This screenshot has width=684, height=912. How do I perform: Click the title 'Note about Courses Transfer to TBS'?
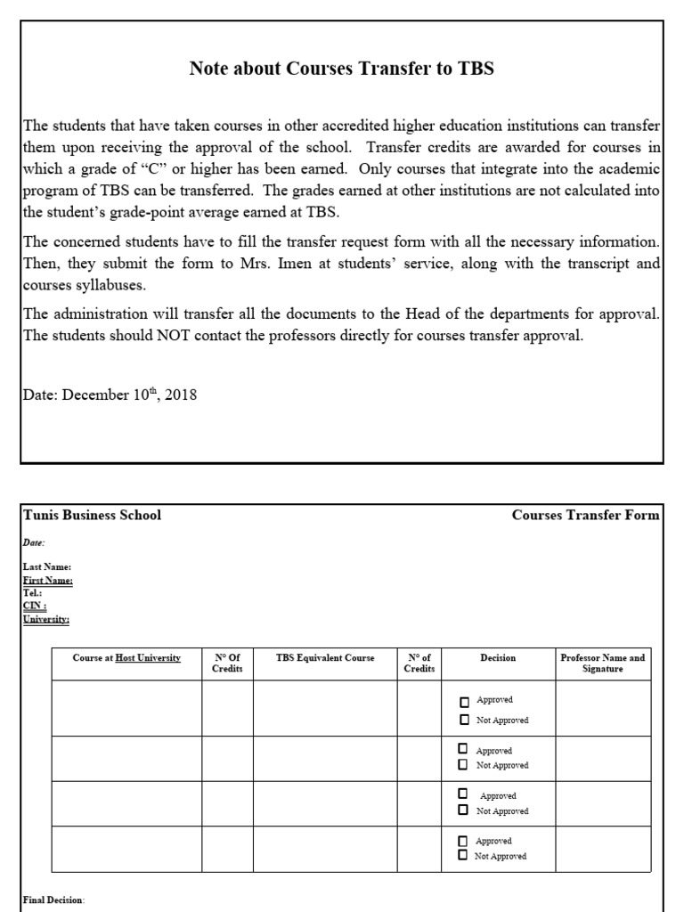342,69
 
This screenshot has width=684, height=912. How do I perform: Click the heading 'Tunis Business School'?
92,515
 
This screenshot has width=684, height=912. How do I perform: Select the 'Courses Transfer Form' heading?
585,515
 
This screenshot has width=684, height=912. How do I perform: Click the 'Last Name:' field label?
41,566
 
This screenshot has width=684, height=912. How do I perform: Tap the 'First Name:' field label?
48,580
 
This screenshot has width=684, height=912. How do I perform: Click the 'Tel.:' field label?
33,592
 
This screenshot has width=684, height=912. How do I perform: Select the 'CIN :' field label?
35,606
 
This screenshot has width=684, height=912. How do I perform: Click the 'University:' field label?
46,619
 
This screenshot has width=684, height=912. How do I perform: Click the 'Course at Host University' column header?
126,658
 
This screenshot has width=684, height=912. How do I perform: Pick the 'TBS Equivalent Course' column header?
325,658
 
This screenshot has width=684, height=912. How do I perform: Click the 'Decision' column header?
498,658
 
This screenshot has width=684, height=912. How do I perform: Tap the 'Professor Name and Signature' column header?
603,664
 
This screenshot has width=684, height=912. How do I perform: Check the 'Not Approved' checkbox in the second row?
465,765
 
